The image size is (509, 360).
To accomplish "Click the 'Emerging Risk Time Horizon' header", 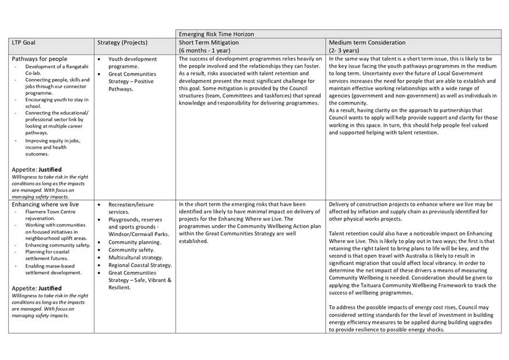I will [x=216, y=34].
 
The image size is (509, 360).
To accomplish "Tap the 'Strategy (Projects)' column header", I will [x=122, y=42].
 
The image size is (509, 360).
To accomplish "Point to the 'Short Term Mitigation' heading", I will [x=209, y=42].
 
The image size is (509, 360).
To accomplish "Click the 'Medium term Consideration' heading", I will [x=367, y=42].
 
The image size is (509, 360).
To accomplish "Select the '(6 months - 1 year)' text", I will [x=205, y=51].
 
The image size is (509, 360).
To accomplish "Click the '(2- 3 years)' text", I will [x=344, y=51].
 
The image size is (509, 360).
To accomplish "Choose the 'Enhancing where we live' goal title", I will [x=44, y=205].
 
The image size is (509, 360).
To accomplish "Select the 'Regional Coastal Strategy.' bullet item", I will [x=140, y=265].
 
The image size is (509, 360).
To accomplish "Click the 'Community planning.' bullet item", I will [x=131, y=242].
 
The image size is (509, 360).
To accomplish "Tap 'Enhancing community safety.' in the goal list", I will [x=58, y=245].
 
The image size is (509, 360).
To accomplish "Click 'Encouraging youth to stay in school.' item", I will [x=56, y=103].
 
